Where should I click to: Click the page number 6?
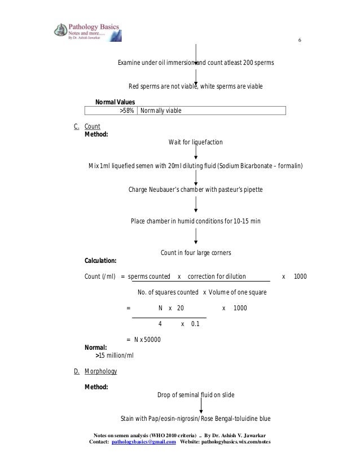[300, 42]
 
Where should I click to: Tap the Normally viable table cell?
[161, 111]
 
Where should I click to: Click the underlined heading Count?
[92, 126]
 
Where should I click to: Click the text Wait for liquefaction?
[195, 142]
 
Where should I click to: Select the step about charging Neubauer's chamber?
[195, 189]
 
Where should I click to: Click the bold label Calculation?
[100, 261]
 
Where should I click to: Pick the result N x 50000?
[144, 339]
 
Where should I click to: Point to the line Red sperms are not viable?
[195, 86]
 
